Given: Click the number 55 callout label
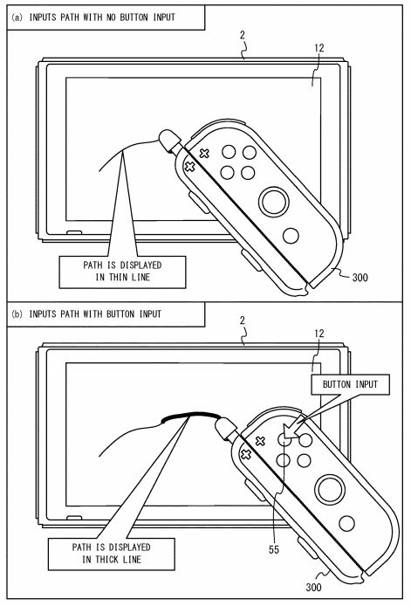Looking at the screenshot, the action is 274,549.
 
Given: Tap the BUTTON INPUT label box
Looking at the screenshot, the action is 351,384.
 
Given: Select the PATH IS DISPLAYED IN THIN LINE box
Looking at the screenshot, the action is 122,272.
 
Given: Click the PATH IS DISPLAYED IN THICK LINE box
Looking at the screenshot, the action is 111,554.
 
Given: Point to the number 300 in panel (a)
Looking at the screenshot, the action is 360,277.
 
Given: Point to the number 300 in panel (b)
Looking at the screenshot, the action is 313,587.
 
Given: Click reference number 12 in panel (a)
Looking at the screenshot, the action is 319,48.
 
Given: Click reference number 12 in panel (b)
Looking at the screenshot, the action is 319,334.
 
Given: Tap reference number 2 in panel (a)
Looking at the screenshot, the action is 243,35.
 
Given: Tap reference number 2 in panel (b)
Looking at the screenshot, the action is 243,320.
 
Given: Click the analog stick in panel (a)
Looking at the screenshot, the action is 274,202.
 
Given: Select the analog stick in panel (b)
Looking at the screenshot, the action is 330,489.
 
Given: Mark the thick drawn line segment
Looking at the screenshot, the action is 190,415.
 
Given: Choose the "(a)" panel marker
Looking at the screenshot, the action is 17,17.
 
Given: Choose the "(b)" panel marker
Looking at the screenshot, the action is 17,314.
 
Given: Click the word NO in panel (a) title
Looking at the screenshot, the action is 111,17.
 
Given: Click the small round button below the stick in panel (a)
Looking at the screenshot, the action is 291,236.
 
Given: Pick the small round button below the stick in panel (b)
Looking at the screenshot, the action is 346,523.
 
